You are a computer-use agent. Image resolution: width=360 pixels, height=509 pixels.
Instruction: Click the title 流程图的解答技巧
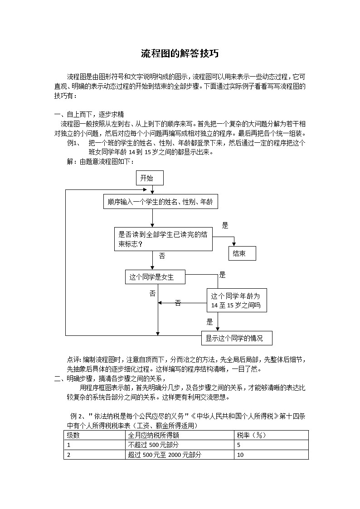pyautogui.click(x=180, y=54)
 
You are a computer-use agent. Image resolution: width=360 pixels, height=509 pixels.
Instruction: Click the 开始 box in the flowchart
pyautogui.click(x=150, y=178)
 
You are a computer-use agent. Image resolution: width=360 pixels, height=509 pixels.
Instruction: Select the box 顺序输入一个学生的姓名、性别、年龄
pyautogui.click(x=161, y=202)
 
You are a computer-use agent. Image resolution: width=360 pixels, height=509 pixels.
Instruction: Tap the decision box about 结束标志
pyautogui.click(x=163, y=239)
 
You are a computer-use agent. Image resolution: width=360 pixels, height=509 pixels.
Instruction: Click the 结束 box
pyautogui.click(x=242, y=253)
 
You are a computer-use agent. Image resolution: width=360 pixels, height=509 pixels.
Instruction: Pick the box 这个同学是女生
pyautogui.click(x=155, y=277)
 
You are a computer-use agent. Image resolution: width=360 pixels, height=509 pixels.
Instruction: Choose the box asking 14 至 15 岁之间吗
pyautogui.click(x=237, y=300)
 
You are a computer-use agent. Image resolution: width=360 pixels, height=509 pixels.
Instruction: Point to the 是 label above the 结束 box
pyautogui.click(x=225, y=226)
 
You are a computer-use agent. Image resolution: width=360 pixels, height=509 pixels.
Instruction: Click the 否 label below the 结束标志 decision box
pyautogui.click(x=162, y=257)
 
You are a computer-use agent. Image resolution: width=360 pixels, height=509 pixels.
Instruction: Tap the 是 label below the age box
pyautogui.click(x=209, y=322)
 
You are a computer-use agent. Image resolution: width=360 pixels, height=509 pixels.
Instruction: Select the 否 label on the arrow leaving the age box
pyautogui.click(x=178, y=303)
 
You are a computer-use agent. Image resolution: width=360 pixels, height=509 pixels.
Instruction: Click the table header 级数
pyautogui.click(x=73, y=435)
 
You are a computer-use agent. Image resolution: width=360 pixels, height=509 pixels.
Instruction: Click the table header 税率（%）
pyautogui.click(x=251, y=435)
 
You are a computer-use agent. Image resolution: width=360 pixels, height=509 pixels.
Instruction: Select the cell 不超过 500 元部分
pyautogui.click(x=153, y=445)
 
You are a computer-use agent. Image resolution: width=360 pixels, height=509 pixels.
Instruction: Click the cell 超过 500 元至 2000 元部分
pyautogui.click(x=164, y=455)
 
